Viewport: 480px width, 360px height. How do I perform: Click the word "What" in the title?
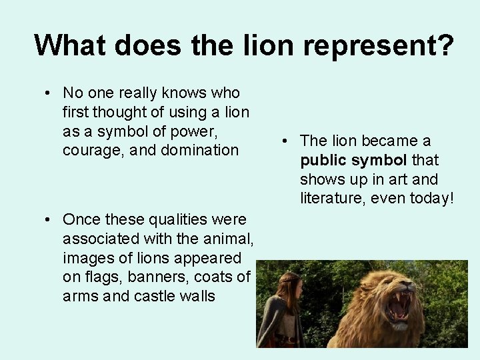click(70, 46)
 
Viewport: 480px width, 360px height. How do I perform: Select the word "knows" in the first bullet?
click(182, 93)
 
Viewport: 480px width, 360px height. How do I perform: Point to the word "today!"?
click(430, 198)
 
